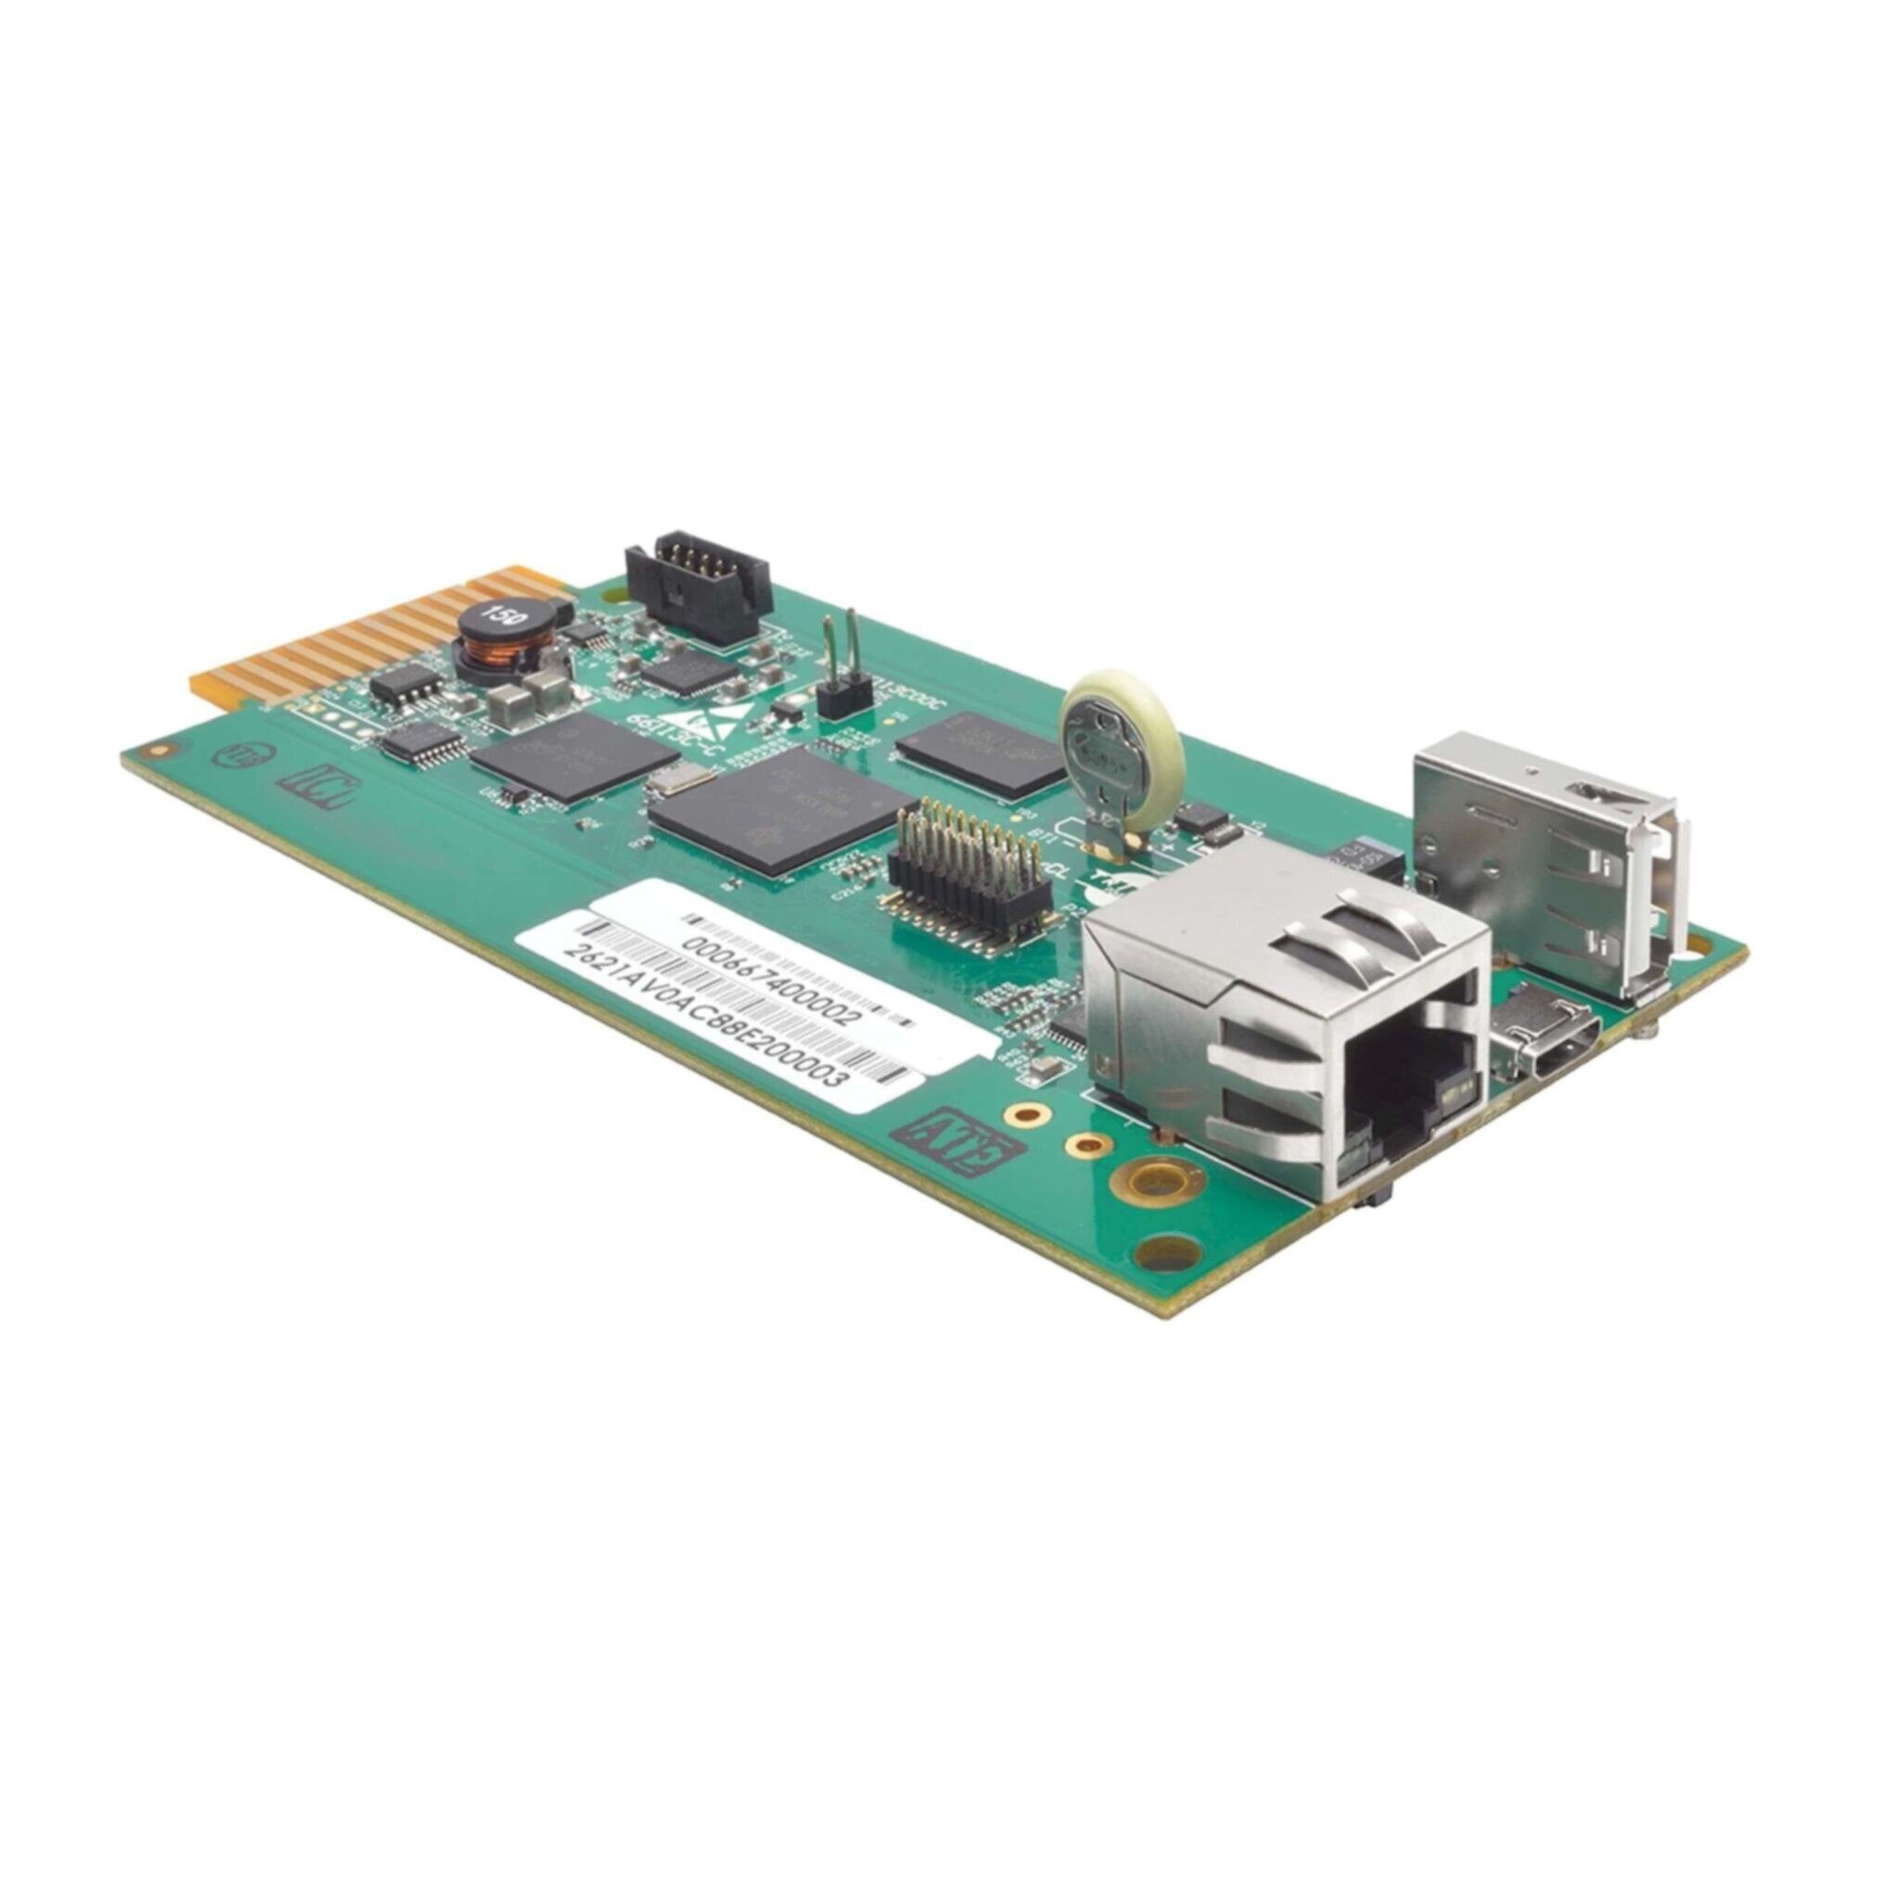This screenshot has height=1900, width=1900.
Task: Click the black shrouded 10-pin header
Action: tap(698, 586)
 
